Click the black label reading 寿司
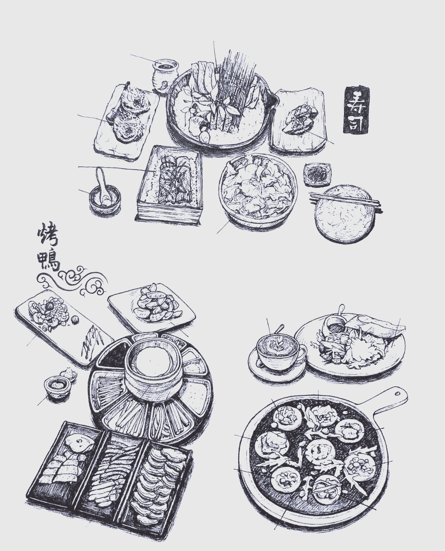[356, 110]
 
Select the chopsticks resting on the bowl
[344, 200]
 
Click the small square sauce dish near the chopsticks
[317, 173]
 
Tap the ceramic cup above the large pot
[165, 74]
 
